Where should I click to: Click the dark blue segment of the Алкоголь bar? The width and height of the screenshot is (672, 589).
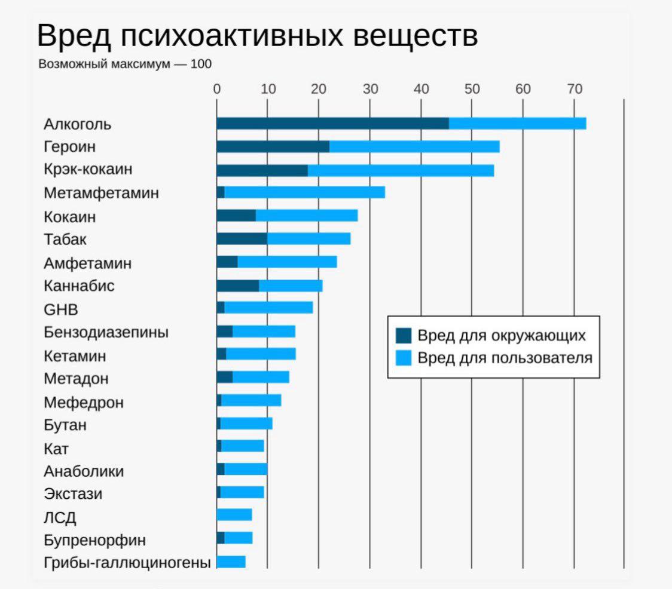(x=332, y=124)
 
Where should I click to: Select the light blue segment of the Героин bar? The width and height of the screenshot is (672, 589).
(x=414, y=147)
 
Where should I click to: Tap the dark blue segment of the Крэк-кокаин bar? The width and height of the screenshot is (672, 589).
(x=262, y=170)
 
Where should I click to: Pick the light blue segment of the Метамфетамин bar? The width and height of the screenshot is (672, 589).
(x=304, y=192)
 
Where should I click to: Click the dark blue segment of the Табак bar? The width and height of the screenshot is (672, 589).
(x=242, y=239)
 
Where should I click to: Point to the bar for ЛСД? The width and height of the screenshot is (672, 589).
(x=234, y=515)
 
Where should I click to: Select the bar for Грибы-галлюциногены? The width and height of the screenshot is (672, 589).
(x=231, y=562)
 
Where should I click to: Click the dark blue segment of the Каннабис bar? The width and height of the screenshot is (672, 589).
(x=237, y=286)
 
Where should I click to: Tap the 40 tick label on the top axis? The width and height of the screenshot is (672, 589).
(x=421, y=90)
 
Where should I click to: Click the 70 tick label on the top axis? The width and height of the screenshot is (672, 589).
(x=574, y=90)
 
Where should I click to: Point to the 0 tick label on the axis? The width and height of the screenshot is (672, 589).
(x=217, y=90)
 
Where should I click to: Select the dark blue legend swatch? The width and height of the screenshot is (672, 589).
(x=404, y=336)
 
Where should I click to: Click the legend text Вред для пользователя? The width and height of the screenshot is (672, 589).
(x=505, y=358)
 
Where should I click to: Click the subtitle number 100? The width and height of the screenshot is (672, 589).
(x=201, y=64)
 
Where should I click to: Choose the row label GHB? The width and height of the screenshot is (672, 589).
(x=61, y=310)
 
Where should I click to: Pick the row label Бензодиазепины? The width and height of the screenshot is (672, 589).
(x=106, y=333)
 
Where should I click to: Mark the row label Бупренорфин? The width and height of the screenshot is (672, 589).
(x=94, y=541)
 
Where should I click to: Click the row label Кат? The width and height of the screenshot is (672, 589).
(x=56, y=448)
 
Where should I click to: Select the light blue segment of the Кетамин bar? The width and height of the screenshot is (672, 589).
(x=261, y=354)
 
